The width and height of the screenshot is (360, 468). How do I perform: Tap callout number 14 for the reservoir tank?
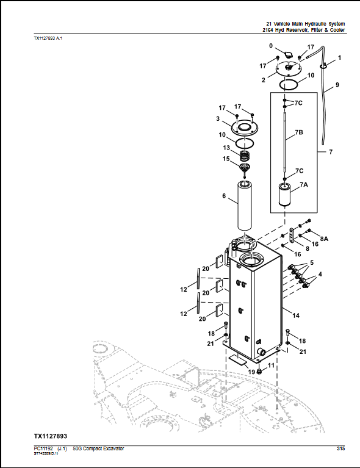296,315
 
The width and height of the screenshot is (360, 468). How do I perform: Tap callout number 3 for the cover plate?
218,118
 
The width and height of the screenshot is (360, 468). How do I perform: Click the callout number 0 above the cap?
271,46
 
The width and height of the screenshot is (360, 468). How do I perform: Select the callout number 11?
271,365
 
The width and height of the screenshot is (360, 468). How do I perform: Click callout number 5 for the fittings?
312,262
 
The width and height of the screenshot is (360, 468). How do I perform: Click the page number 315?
340,448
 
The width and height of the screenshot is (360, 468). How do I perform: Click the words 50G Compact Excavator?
98,448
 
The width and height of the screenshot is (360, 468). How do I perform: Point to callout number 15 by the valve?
226,159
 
